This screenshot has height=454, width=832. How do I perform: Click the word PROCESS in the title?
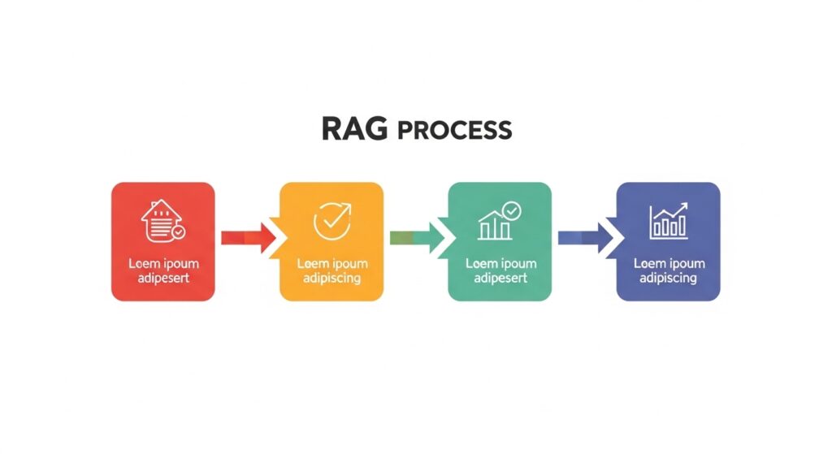click(x=455, y=130)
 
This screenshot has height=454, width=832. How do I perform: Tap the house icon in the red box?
click(x=161, y=219)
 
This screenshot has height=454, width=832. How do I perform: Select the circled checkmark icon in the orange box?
click(x=331, y=219)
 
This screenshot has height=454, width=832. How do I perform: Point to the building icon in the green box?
click(x=496, y=224)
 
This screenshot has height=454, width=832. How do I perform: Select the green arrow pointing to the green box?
click(x=417, y=237)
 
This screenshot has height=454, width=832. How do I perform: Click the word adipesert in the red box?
click(x=163, y=278)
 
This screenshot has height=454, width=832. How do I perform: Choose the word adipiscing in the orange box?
click(x=331, y=278)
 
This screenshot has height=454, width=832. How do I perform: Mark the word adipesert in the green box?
click(x=500, y=278)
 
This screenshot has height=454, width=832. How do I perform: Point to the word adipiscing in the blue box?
click(x=669, y=278)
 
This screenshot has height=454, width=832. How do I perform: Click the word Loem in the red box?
click(x=143, y=263)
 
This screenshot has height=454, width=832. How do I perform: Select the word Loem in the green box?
click(x=480, y=263)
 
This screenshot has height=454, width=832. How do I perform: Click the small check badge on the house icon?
click(x=178, y=231)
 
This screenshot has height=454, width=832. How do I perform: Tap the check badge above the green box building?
click(x=511, y=211)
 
